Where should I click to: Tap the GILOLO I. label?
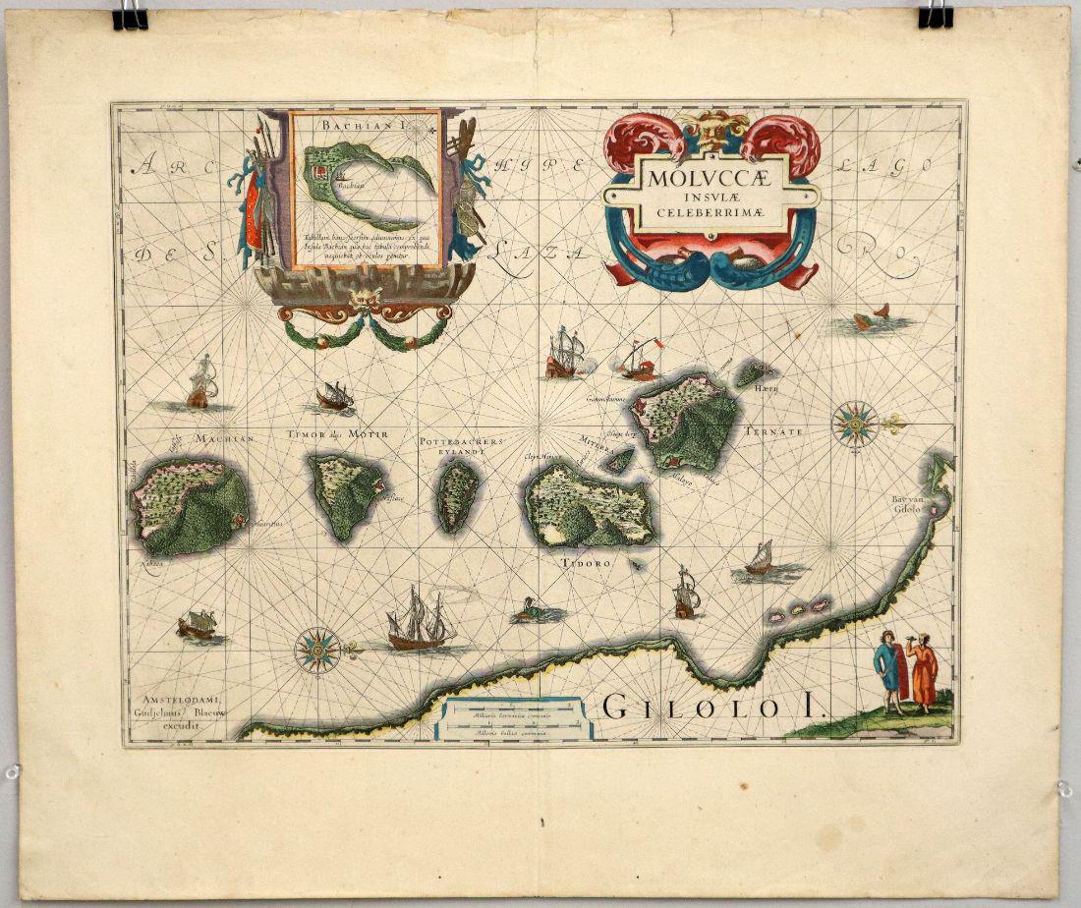click(716, 706)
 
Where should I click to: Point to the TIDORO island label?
click(587, 564)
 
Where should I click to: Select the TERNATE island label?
click(775, 431)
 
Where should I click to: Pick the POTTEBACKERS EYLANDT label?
click(462, 448)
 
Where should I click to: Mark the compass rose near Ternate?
click(856, 425)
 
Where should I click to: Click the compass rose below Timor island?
click(318, 650)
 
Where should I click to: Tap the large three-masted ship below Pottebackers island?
click(420, 621)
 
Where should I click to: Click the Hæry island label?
click(767, 390)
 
